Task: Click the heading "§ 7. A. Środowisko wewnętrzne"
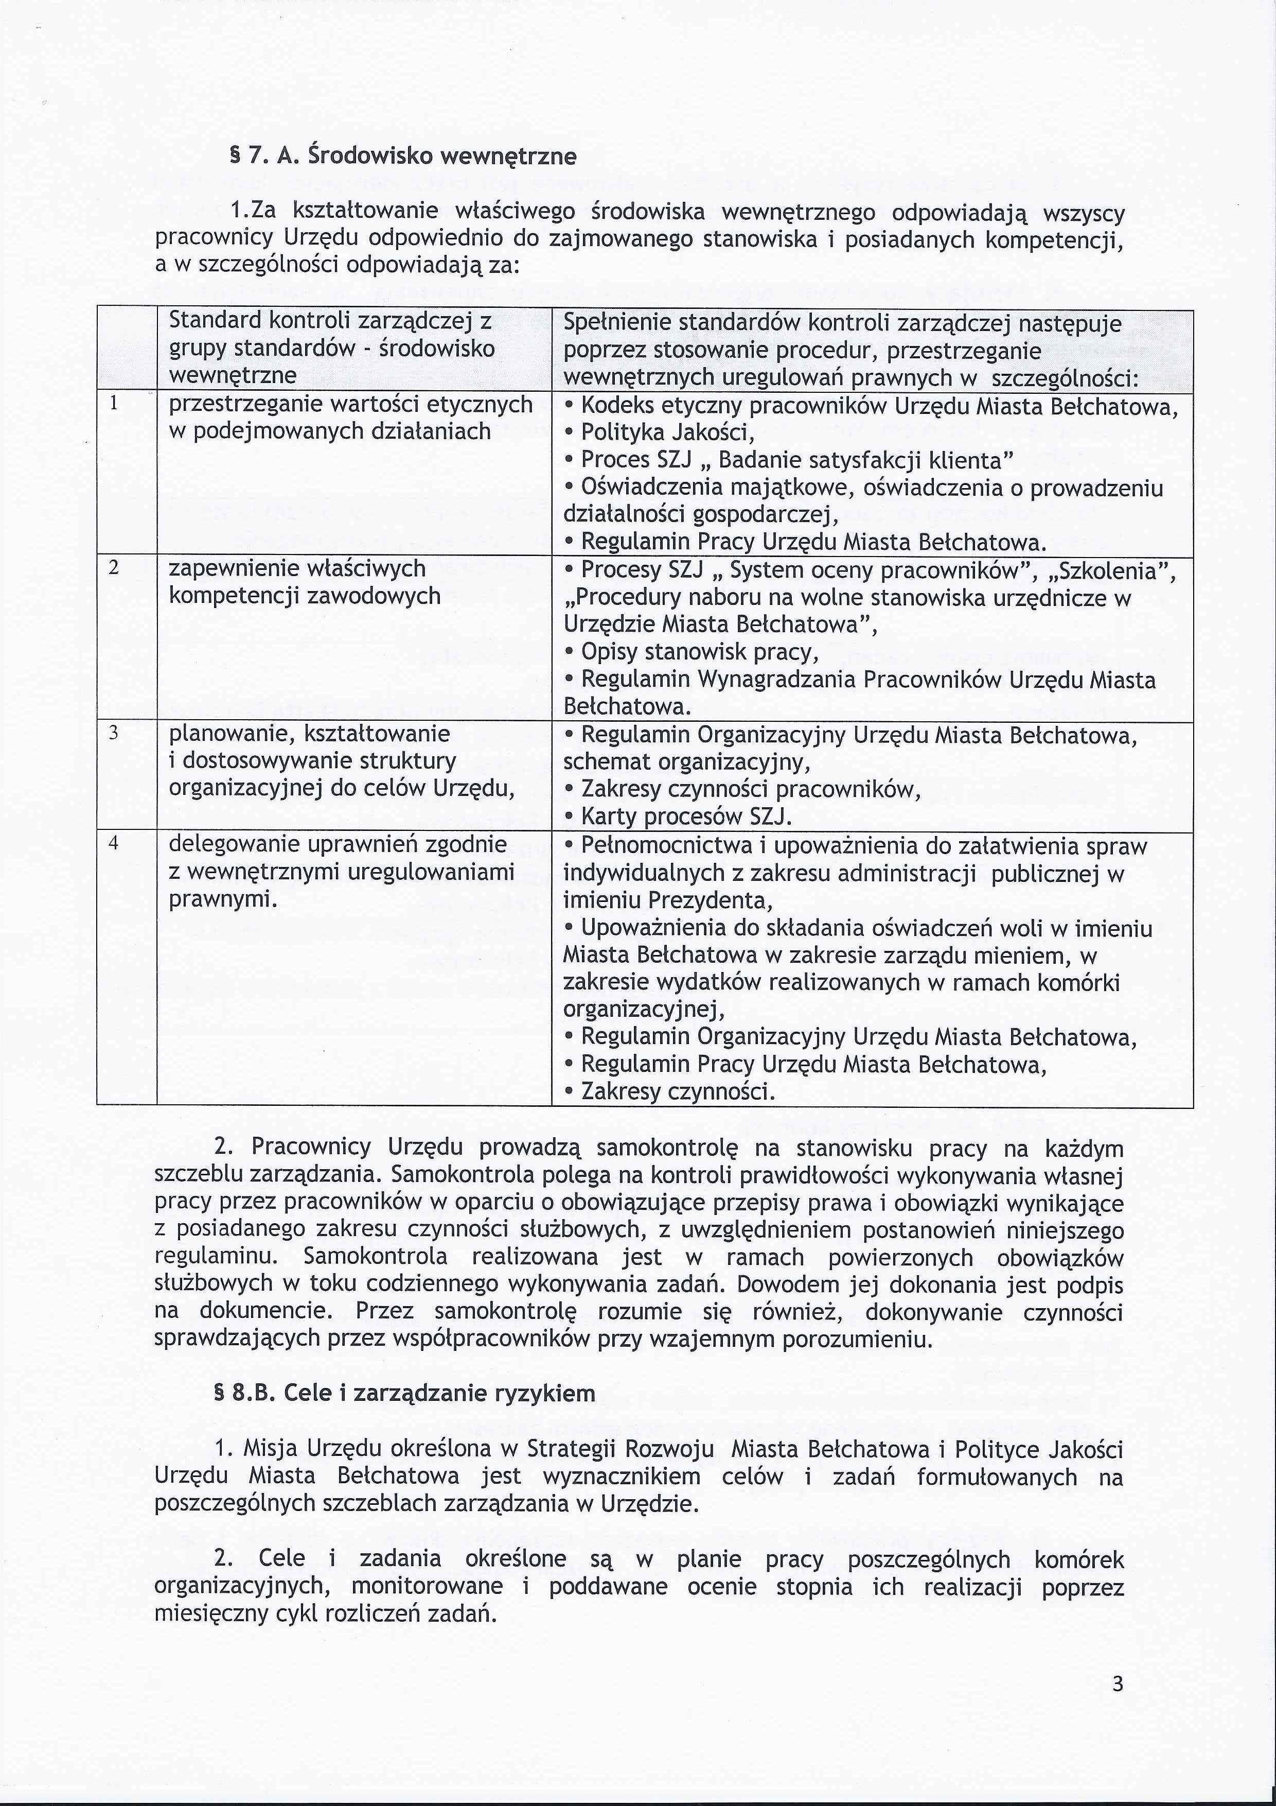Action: click(402, 157)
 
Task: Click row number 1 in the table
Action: click(114, 404)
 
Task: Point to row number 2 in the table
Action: click(114, 568)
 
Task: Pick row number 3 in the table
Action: click(114, 733)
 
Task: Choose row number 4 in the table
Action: click(114, 844)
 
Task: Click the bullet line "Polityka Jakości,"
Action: click(667, 432)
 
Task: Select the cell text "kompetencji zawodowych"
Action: click(304, 596)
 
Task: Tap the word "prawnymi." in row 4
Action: click(223, 899)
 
